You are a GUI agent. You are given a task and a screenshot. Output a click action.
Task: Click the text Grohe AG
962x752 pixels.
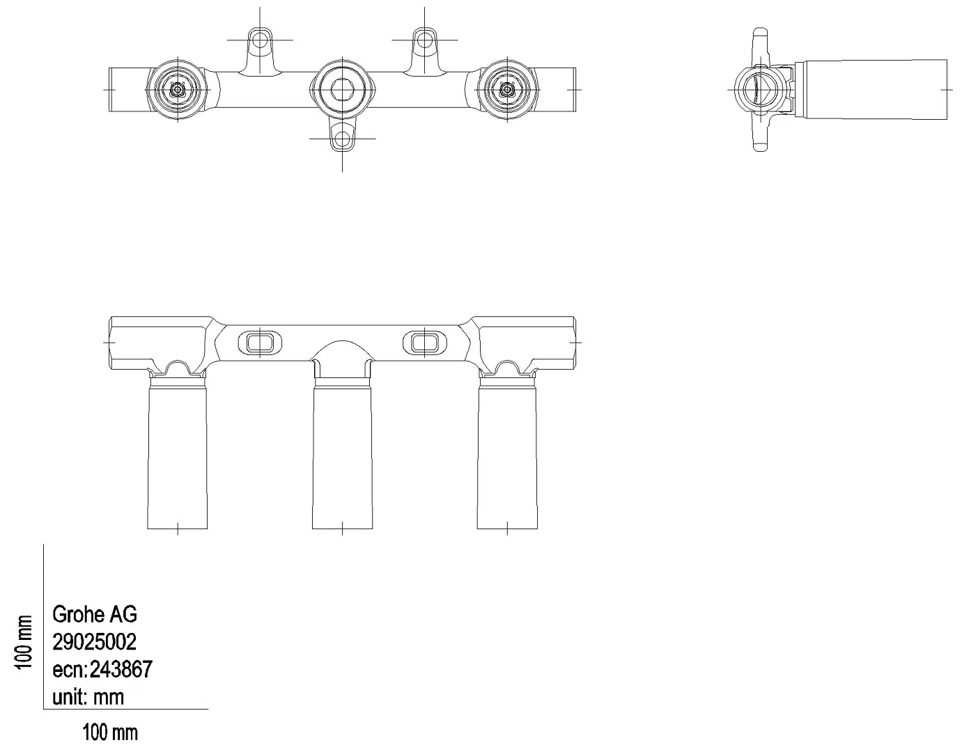tap(95, 614)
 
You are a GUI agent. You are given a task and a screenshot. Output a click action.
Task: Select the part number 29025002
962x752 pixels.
tap(94, 642)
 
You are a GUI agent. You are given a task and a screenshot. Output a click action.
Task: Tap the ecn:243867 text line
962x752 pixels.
tap(102, 669)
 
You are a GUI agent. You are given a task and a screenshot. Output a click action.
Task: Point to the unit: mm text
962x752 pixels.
tap(88, 697)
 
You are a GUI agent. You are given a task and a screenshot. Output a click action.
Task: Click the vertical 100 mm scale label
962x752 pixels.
tap(24, 642)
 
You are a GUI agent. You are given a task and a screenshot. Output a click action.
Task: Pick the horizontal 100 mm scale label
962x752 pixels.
tap(110, 733)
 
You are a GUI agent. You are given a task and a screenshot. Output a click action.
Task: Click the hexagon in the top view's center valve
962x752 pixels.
tap(342, 90)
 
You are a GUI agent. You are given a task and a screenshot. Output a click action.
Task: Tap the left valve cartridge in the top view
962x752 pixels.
tap(178, 90)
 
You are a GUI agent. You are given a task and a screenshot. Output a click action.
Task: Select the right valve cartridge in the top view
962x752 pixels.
tap(507, 90)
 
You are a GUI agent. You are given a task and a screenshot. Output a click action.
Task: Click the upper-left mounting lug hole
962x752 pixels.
tap(260, 40)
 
